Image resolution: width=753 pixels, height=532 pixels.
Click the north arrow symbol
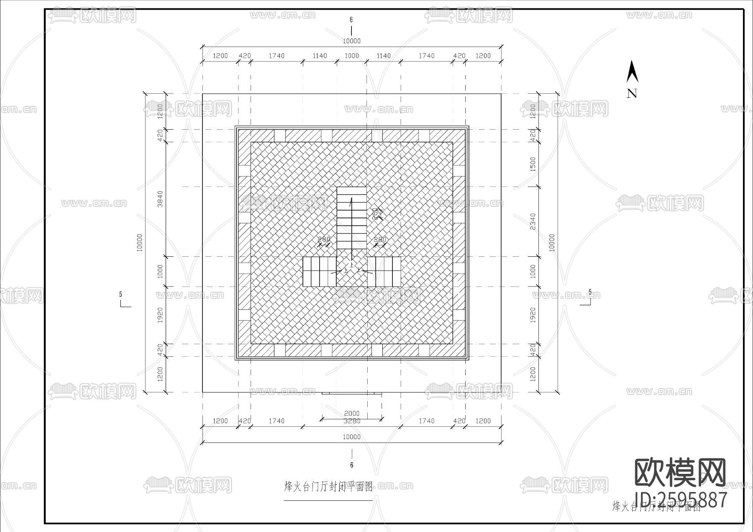[632, 72]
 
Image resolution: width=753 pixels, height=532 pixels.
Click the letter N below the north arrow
[632, 94]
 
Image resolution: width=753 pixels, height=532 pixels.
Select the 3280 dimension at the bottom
[352, 421]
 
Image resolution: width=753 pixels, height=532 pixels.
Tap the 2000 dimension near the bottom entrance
[352, 414]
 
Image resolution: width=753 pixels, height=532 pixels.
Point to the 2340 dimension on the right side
[533, 222]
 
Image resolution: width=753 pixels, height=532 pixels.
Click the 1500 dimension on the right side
[533, 164]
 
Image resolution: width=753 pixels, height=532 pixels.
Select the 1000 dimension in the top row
[351, 56]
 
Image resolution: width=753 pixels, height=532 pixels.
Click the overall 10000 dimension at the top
[351, 41]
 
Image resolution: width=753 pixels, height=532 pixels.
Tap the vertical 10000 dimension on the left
[140, 243]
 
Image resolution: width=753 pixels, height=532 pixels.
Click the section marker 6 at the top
[351, 20]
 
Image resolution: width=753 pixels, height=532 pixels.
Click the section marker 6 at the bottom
[352, 465]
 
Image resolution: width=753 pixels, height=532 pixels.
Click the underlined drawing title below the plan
[328, 486]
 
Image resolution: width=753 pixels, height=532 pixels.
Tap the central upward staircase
[352, 217]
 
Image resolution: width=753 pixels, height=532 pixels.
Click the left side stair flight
[320, 271]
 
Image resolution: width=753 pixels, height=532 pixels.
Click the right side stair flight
[384, 271]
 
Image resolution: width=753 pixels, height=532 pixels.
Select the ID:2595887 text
[681, 500]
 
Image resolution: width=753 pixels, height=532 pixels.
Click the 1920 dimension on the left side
[160, 315]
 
